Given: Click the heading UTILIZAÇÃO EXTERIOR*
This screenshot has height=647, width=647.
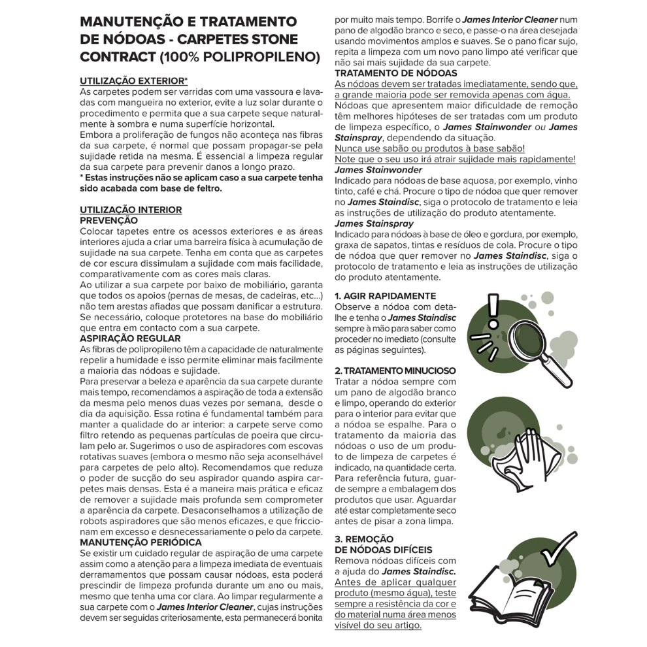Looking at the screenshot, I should point(133,82).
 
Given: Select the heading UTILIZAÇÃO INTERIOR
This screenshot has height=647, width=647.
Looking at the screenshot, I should point(131,210).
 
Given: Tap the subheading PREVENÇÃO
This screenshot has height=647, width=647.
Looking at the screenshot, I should point(108,221).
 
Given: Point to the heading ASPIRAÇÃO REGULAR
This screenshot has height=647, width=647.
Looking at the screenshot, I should point(130,339).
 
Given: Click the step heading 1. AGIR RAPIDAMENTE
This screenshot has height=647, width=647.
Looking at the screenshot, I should point(385,296).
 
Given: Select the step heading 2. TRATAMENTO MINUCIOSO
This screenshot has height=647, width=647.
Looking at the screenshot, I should point(395,371).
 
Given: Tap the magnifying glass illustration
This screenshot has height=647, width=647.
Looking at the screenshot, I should point(536,346).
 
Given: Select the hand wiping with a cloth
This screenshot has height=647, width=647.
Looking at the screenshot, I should point(529,451).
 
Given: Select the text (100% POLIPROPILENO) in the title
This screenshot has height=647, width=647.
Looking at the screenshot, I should point(240,57).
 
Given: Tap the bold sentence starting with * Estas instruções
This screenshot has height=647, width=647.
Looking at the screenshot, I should point(201,183).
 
